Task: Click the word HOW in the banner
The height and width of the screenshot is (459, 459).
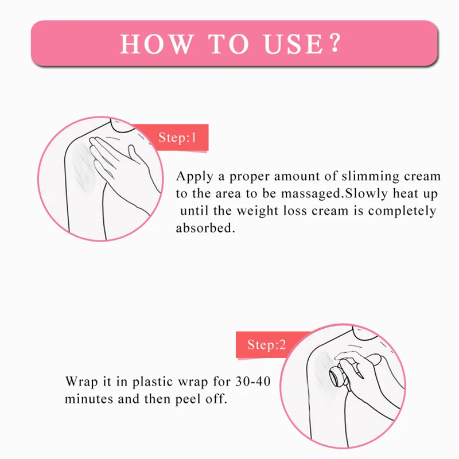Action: [157, 44]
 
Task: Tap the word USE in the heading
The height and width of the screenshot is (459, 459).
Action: [293, 44]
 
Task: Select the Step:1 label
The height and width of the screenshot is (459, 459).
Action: [177, 137]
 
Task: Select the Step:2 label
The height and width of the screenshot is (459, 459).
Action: [266, 345]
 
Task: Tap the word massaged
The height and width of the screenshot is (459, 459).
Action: [312, 194]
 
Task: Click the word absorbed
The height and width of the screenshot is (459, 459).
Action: [205, 227]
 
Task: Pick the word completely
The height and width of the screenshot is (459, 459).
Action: [402, 211]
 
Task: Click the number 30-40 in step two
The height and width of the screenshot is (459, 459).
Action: [253, 382]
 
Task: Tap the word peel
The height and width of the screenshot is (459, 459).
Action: [188, 399]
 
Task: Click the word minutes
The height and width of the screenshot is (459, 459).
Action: [89, 399]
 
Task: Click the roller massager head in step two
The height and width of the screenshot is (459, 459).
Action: [337, 377]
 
